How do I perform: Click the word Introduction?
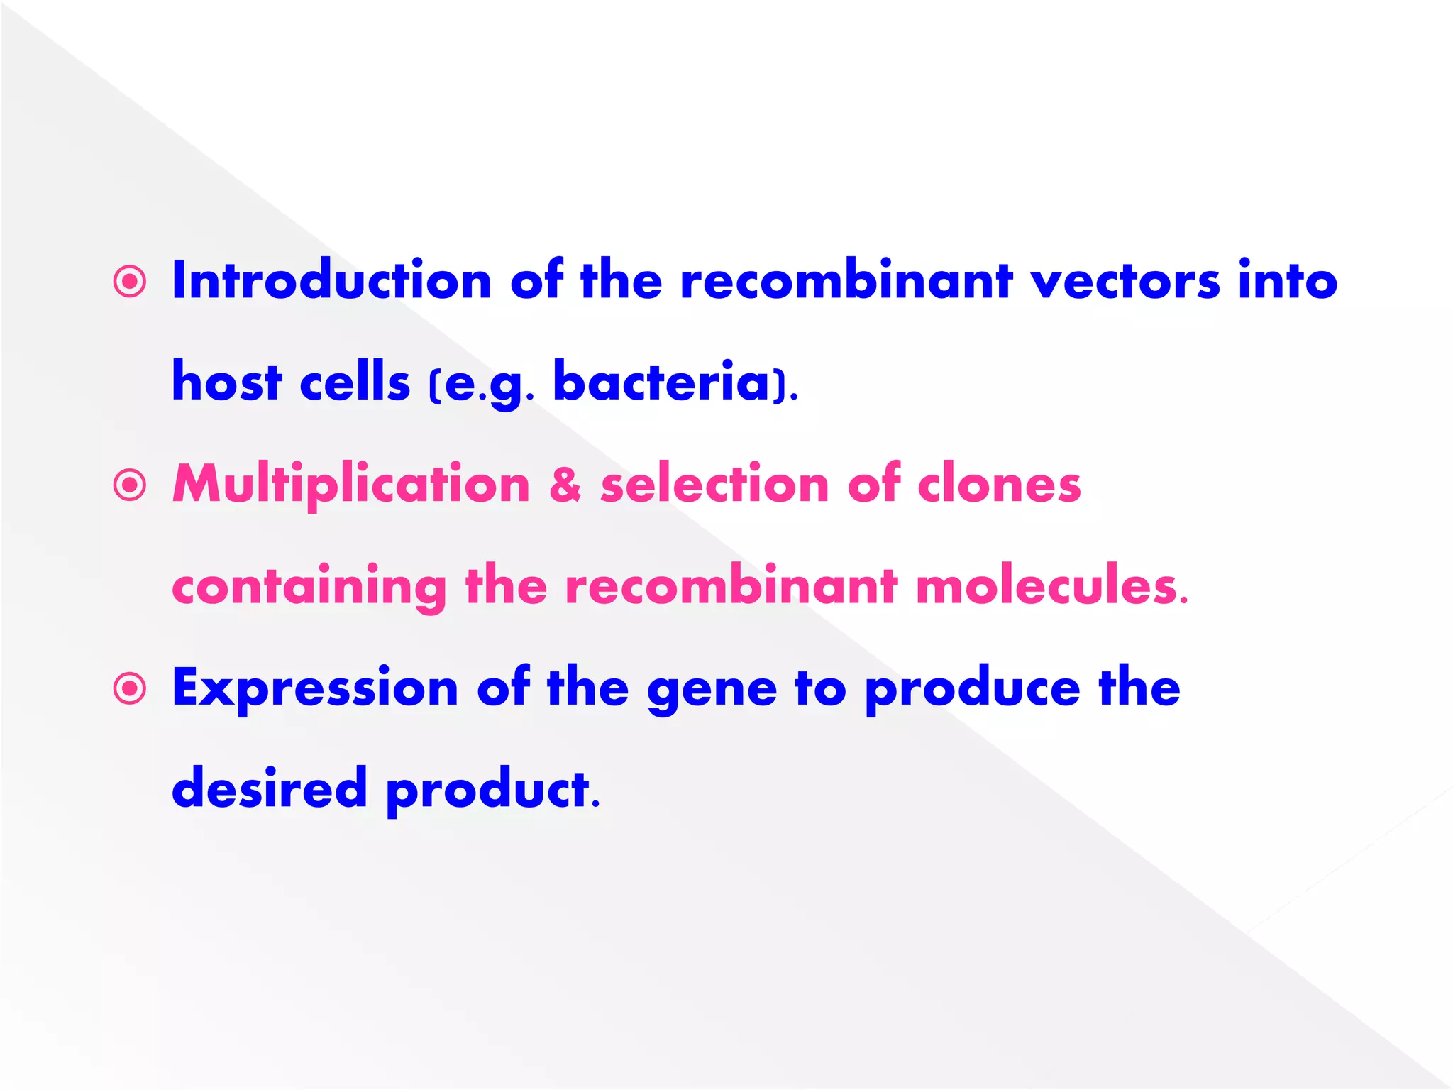(x=331, y=281)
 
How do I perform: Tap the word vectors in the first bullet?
(x=1125, y=281)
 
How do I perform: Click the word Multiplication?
(x=351, y=485)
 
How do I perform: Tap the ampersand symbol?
(x=565, y=485)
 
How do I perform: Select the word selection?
(x=714, y=485)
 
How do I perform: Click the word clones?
(x=999, y=485)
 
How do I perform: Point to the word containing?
(x=309, y=588)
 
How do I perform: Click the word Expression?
(x=315, y=689)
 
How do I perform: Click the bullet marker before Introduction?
(x=130, y=282)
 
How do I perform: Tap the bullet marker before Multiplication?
(x=130, y=486)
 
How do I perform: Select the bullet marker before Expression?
(x=130, y=689)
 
